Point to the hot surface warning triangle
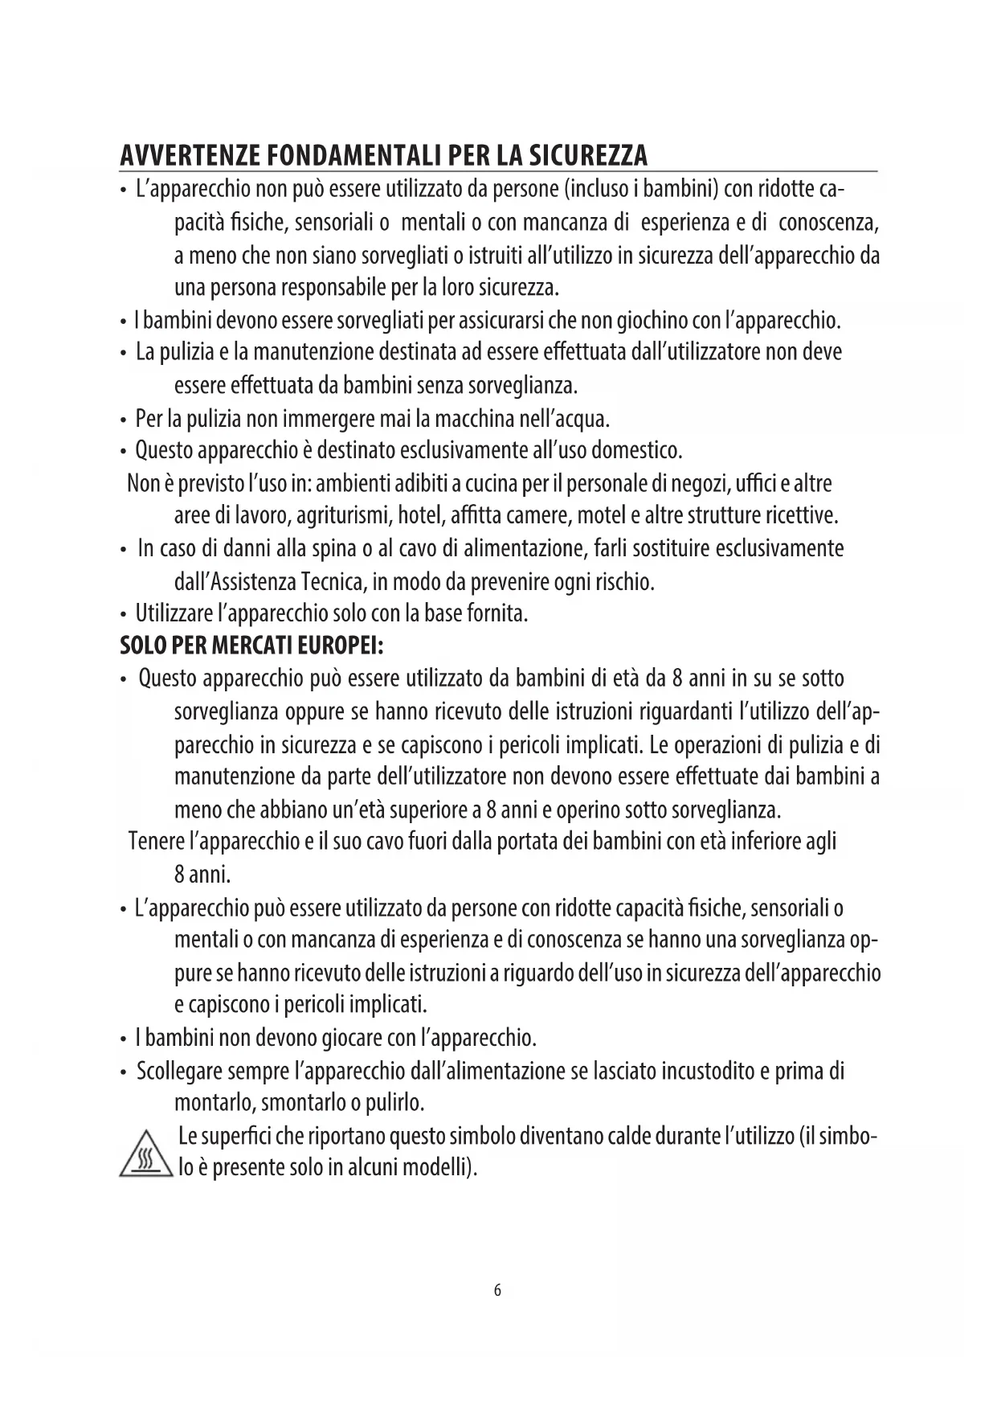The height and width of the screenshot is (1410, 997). (x=146, y=1155)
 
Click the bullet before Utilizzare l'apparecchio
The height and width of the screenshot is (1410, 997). (x=123, y=616)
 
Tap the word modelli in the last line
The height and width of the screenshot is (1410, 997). (x=440, y=1167)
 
